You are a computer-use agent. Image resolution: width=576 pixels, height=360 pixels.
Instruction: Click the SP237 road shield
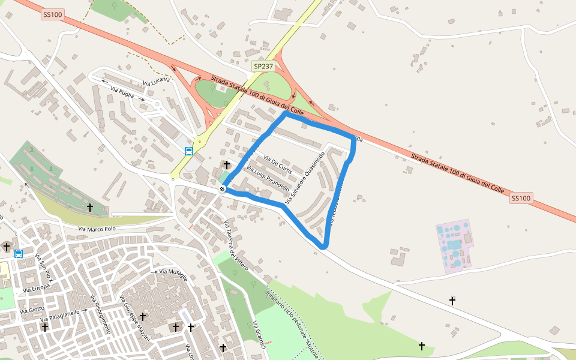tap(263, 66)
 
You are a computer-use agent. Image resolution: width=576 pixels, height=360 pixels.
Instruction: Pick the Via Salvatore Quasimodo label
tap(306, 178)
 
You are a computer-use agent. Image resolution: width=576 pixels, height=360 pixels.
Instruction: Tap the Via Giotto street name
tap(32, 310)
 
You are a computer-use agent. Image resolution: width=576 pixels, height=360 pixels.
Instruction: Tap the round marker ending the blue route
tap(223, 190)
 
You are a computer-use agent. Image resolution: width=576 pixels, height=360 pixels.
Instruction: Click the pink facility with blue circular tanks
tap(454, 246)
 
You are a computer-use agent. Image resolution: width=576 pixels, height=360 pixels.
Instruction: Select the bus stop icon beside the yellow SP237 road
tap(188, 151)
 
